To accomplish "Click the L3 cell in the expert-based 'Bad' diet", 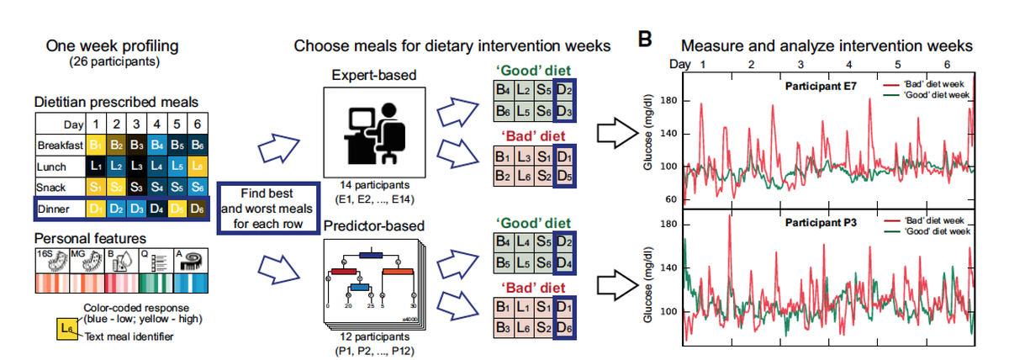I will pyautogui.click(x=523, y=156).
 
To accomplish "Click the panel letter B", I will pyautogui.click(x=645, y=40).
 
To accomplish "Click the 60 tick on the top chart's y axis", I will pyautogui.click(x=671, y=200).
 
